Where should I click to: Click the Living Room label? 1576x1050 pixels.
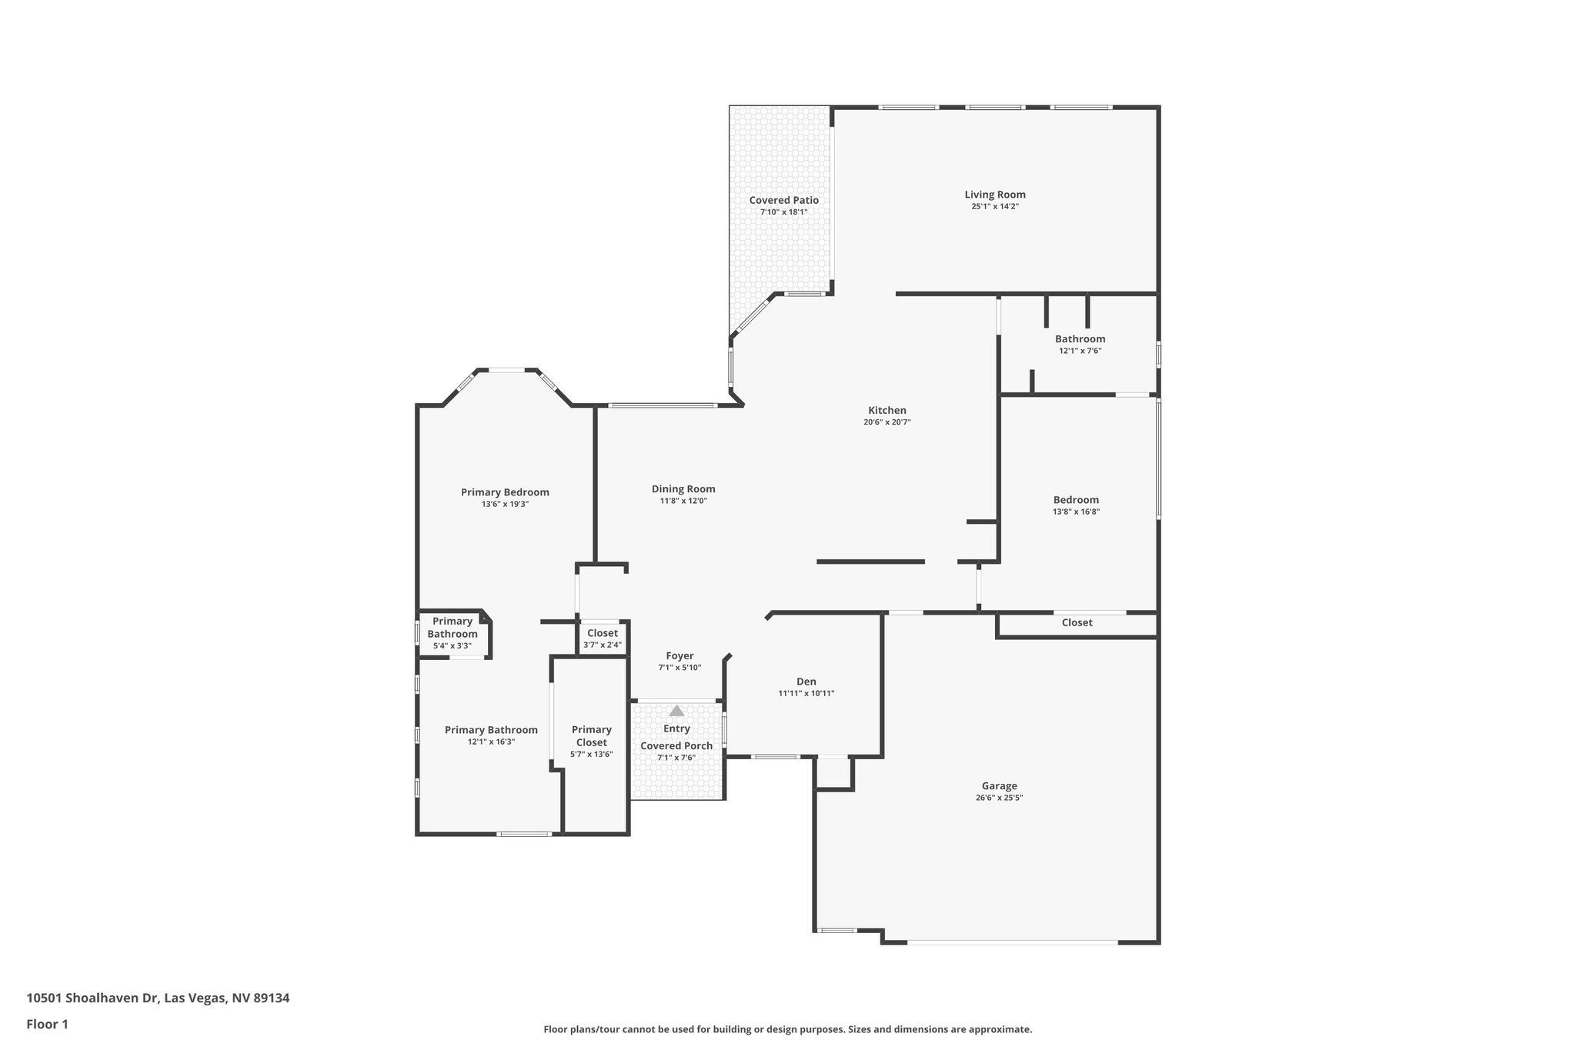(995, 195)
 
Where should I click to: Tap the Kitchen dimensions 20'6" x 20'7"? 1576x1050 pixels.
(887, 422)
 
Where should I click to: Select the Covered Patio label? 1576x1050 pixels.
(783, 200)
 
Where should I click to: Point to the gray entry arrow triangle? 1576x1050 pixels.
(676, 711)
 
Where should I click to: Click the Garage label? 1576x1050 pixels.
(999, 785)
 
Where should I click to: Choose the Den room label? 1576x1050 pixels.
(806, 682)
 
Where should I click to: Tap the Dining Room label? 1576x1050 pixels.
(683, 488)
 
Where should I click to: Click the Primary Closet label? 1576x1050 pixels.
(591, 735)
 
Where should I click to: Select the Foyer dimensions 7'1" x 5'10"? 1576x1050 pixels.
(679, 668)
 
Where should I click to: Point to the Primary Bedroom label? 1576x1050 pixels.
(505, 492)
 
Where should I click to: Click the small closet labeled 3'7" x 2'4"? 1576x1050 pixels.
(603, 638)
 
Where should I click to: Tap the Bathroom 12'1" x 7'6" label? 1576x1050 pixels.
(1080, 339)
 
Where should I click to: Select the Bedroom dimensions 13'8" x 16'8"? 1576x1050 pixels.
(1076, 512)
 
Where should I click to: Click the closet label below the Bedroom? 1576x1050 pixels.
(1077, 622)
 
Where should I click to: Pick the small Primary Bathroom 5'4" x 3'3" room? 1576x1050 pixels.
(452, 633)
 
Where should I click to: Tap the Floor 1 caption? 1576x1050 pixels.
(48, 1024)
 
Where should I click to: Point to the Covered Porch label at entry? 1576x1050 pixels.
(676, 745)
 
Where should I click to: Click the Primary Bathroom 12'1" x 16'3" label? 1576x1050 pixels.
(491, 730)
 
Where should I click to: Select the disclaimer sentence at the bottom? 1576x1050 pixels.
(787, 1029)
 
